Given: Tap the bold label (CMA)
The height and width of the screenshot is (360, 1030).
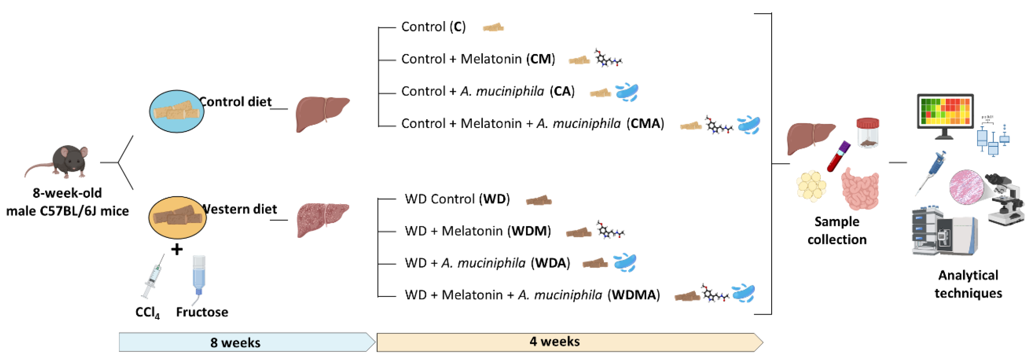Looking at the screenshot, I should tap(645, 124).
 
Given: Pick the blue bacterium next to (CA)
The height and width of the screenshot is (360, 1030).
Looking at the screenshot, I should tap(627, 92).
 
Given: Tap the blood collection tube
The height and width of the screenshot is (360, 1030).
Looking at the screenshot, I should tap(838, 156).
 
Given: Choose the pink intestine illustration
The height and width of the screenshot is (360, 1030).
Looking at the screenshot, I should tap(860, 188).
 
